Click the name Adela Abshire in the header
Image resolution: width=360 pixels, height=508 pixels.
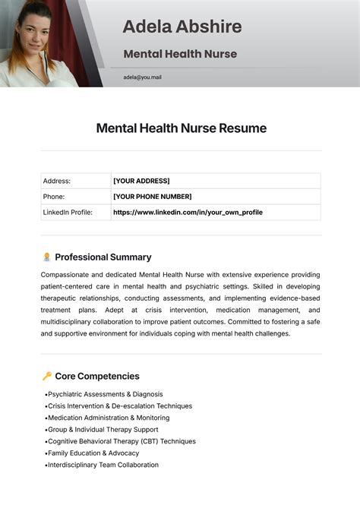click(182, 27)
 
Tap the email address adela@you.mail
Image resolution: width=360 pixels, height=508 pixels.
click(142, 77)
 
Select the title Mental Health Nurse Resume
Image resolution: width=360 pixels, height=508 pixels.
click(181, 128)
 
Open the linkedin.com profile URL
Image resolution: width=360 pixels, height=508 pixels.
click(188, 213)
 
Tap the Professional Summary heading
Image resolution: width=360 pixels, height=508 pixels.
click(103, 257)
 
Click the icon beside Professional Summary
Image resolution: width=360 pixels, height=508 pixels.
click(47, 257)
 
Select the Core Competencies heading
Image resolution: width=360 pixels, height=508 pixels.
click(97, 376)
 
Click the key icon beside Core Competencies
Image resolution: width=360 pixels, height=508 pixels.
click(47, 376)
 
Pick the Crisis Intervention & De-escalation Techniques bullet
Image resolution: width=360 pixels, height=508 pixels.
click(120, 405)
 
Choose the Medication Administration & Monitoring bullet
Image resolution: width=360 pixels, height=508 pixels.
click(109, 418)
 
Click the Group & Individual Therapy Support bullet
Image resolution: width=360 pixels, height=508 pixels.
click(103, 430)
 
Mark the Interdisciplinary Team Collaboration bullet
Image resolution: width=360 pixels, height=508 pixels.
click(103, 465)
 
